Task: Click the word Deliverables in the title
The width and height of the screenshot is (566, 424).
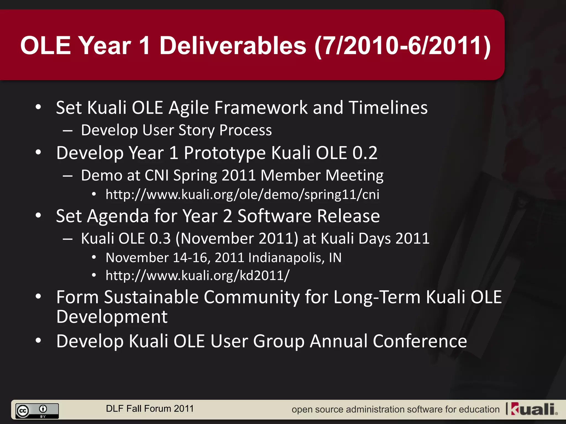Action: point(233,46)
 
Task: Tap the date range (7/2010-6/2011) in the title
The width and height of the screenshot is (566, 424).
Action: point(403,46)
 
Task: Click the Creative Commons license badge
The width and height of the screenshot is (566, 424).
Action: point(37,411)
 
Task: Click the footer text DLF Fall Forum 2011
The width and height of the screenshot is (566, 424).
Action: point(150,409)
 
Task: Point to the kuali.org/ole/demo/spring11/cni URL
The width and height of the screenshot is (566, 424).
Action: point(242,195)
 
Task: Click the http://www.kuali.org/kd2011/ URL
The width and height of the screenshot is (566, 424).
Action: point(198,275)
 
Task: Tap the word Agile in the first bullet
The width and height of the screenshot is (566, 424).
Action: point(188,108)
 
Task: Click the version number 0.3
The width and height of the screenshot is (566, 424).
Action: point(160,239)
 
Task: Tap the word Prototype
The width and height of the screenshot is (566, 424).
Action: point(225,153)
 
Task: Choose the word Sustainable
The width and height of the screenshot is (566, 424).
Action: point(151,297)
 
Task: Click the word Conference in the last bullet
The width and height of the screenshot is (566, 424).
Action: point(420,341)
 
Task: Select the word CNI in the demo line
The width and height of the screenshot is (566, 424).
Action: point(156,176)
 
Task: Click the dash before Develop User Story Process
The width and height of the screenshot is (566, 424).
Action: point(68,131)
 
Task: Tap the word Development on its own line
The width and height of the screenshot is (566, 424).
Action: point(112,317)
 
